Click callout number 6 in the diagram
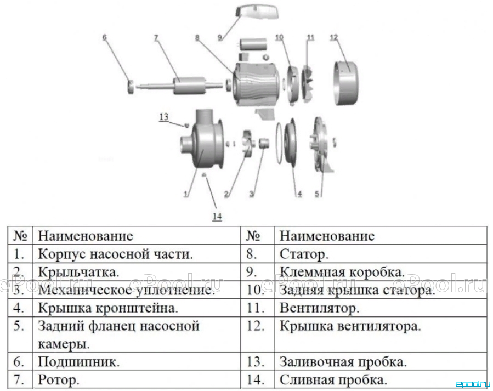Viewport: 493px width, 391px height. coord(104,37)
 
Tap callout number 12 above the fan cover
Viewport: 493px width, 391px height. coord(333,37)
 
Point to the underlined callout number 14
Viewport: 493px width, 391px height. coord(217,216)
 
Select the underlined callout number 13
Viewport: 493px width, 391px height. coord(164,117)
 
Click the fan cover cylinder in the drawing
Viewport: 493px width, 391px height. coord(347,83)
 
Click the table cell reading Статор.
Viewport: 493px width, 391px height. coord(304,254)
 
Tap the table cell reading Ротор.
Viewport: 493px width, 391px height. coord(59,381)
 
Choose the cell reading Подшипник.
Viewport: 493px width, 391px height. coord(78,362)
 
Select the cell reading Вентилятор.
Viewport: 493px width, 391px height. coord(319,308)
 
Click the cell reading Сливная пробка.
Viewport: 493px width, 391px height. coord(333,381)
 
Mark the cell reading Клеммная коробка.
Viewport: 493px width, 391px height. coord(342,272)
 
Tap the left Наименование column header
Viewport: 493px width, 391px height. coord(85,236)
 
